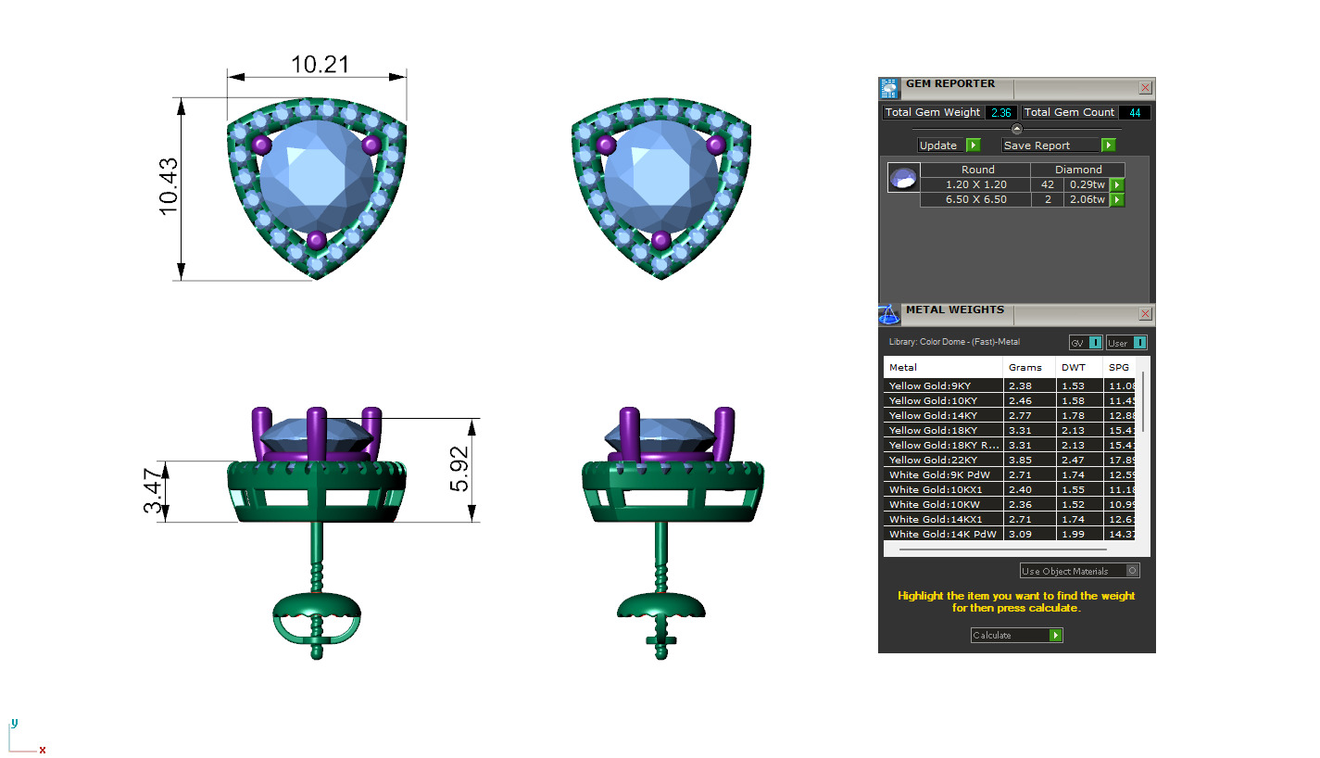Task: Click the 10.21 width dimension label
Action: [x=321, y=64]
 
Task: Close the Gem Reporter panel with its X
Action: [x=1145, y=88]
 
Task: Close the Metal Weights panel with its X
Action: [x=1145, y=314]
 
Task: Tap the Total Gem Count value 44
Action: [x=1135, y=112]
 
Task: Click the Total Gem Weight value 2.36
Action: [x=1000, y=112]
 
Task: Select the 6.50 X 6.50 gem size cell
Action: [x=976, y=199]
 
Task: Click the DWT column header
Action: [x=1073, y=368]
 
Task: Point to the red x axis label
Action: [x=43, y=750]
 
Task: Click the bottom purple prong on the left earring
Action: [x=316, y=240]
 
